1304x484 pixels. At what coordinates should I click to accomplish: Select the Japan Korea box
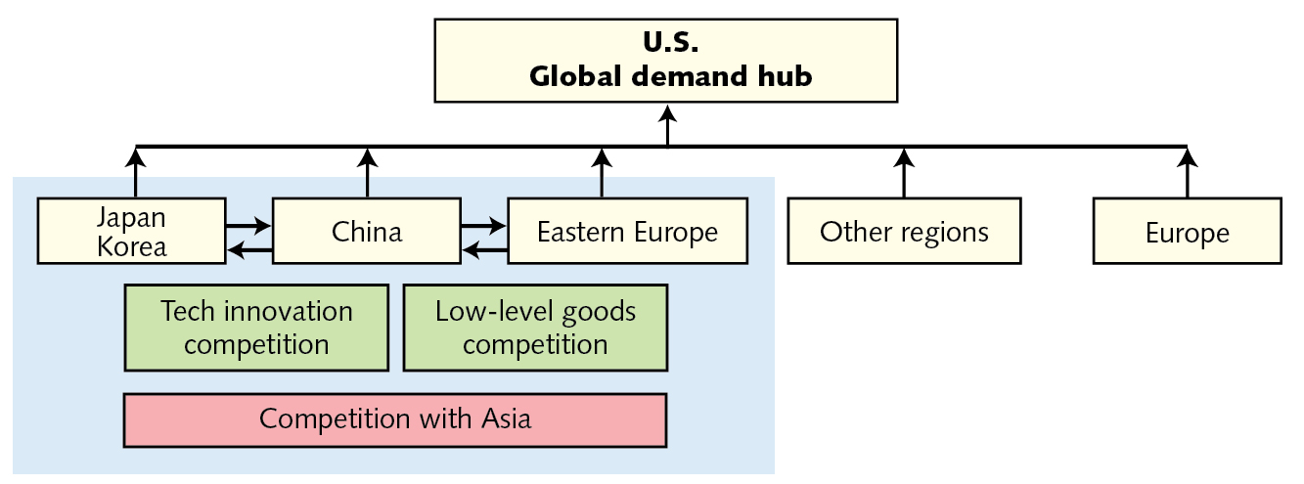tap(132, 232)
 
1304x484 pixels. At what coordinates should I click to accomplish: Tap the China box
tap(366, 232)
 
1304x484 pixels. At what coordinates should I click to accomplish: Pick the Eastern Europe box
tap(627, 232)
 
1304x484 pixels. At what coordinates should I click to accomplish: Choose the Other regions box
tap(904, 232)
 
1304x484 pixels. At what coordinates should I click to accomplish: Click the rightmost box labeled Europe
tap(1187, 233)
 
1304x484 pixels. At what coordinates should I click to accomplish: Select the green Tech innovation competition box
tap(256, 328)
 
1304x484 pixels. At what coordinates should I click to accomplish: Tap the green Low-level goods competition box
tap(535, 328)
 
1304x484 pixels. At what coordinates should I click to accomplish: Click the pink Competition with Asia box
tap(395, 419)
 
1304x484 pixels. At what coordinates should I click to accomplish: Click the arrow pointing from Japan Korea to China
tap(248, 225)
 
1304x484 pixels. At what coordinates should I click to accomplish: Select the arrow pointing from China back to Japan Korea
tap(248, 253)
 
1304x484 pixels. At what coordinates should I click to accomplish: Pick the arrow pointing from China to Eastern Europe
tap(484, 225)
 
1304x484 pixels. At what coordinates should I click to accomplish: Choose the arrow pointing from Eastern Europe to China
tap(484, 253)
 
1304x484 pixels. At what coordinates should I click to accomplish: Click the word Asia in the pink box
tap(506, 419)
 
